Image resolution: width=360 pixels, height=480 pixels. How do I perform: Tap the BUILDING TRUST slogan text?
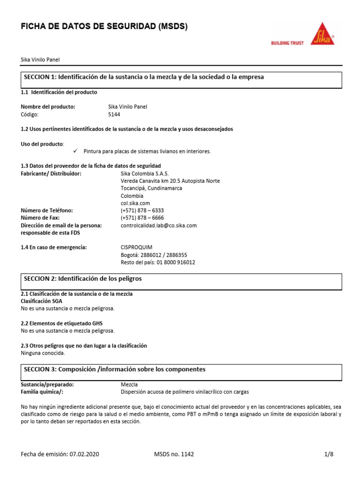pyautogui.click(x=287, y=43)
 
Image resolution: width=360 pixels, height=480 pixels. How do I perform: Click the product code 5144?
pyautogui.click(x=114, y=114)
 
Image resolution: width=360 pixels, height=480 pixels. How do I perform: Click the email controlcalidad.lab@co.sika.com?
pyautogui.click(x=158, y=225)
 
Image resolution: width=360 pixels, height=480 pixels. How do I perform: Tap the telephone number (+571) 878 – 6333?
pyautogui.click(x=142, y=211)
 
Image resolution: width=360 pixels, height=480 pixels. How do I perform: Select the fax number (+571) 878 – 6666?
pyautogui.click(x=142, y=218)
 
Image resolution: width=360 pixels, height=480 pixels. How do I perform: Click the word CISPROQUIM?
pyautogui.click(x=136, y=247)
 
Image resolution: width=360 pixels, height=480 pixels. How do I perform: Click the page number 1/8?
pyautogui.click(x=329, y=454)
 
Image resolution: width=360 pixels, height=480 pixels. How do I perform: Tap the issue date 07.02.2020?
pyautogui.click(x=83, y=454)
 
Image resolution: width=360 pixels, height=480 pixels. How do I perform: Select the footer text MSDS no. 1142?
pyautogui.click(x=173, y=454)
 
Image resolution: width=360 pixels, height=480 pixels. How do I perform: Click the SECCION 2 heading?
pyautogui.click(x=82, y=279)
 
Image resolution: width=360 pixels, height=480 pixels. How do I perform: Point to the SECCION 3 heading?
pyautogui.click(x=114, y=369)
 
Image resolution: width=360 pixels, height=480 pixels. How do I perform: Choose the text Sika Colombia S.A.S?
pyautogui.click(x=144, y=173)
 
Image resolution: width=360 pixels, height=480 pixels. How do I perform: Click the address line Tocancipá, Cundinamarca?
pyautogui.click(x=151, y=188)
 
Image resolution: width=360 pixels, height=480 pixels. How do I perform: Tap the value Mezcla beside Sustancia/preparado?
pyautogui.click(x=129, y=384)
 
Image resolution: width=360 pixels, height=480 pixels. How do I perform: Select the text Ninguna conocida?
pyautogui.click(x=43, y=353)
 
